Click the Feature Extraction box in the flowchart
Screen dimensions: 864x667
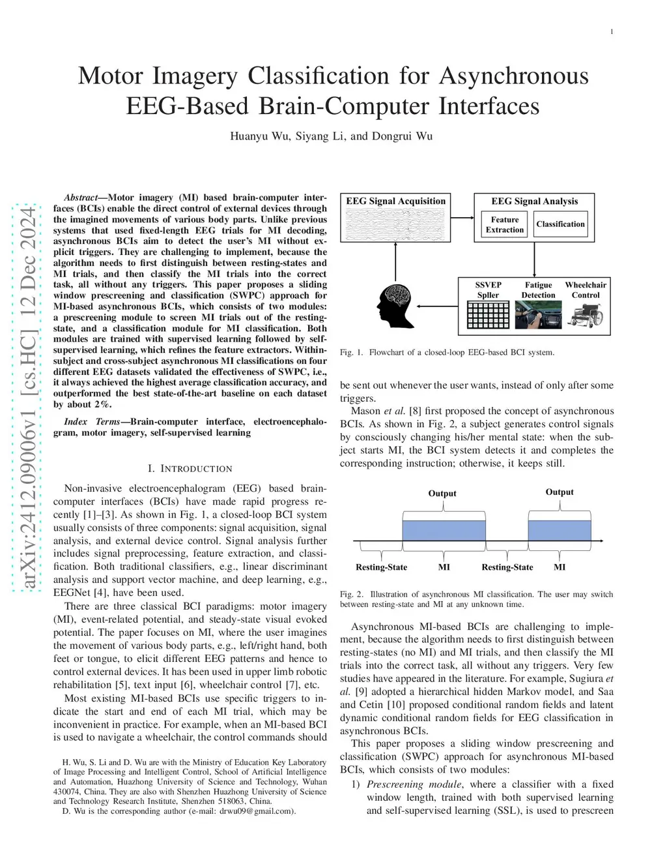point(505,225)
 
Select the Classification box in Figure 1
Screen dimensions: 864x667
point(560,224)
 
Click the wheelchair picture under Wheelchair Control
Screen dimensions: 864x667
point(586,316)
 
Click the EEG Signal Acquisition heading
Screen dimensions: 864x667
point(396,201)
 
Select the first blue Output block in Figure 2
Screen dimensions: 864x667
point(444,530)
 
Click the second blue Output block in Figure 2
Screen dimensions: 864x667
point(560,530)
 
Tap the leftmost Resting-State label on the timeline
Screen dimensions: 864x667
point(381,567)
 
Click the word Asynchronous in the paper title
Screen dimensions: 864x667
point(514,76)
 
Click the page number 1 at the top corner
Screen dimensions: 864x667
point(612,31)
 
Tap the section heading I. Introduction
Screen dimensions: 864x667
point(190,469)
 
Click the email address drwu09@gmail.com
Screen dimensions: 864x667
point(257,811)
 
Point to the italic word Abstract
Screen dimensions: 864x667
point(81,198)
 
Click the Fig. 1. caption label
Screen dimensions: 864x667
point(351,353)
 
